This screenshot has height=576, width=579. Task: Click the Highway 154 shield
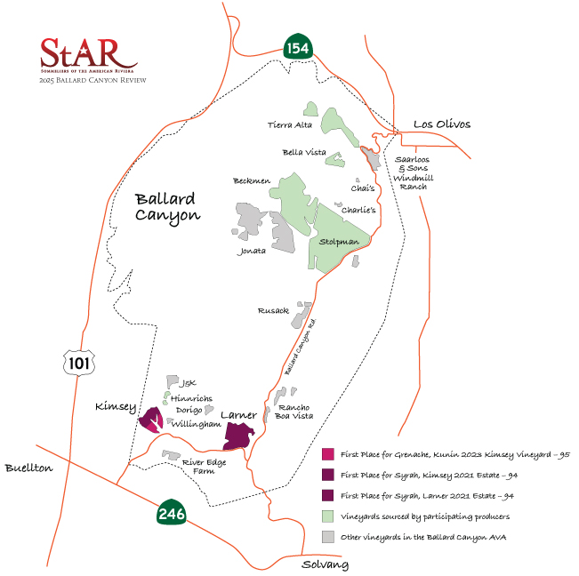297,48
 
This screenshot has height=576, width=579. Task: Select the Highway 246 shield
171,513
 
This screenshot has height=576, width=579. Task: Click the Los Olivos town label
441,124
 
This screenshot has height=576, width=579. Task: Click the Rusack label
274,311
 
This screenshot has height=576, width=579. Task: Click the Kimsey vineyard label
116,407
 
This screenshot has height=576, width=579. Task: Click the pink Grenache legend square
328,454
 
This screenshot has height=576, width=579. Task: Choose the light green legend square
328,516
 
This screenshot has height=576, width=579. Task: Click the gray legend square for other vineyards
328,536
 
